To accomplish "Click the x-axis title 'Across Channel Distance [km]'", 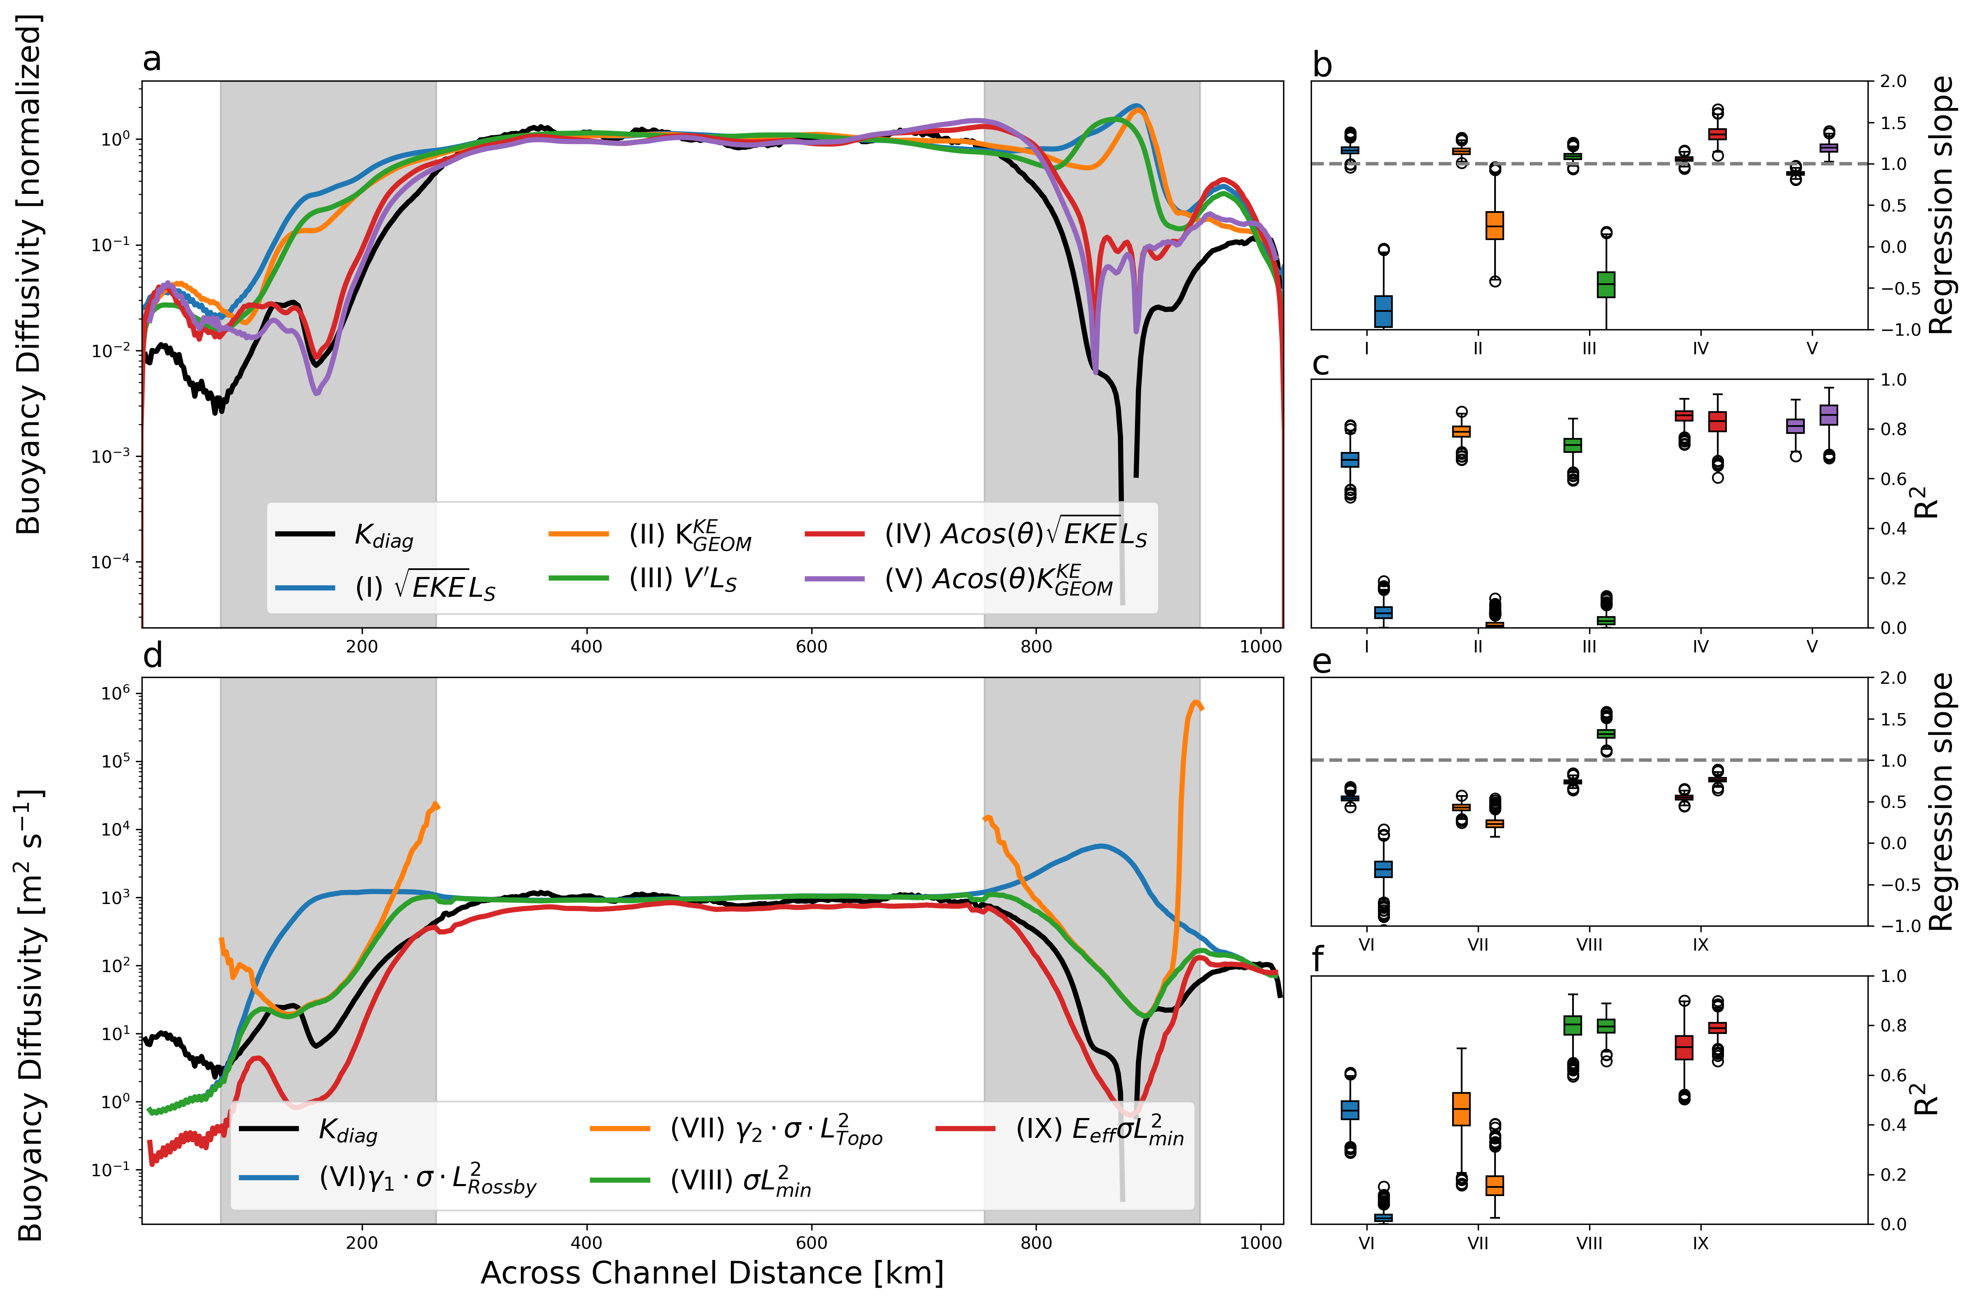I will (x=711, y=1273).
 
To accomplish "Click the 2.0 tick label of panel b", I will (x=1893, y=81).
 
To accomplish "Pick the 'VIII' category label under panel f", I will (x=1589, y=1243).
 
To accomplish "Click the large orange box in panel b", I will (x=1495, y=225).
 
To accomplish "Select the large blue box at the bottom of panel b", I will (x=1383, y=311).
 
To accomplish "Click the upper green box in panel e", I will (x=1606, y=733).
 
